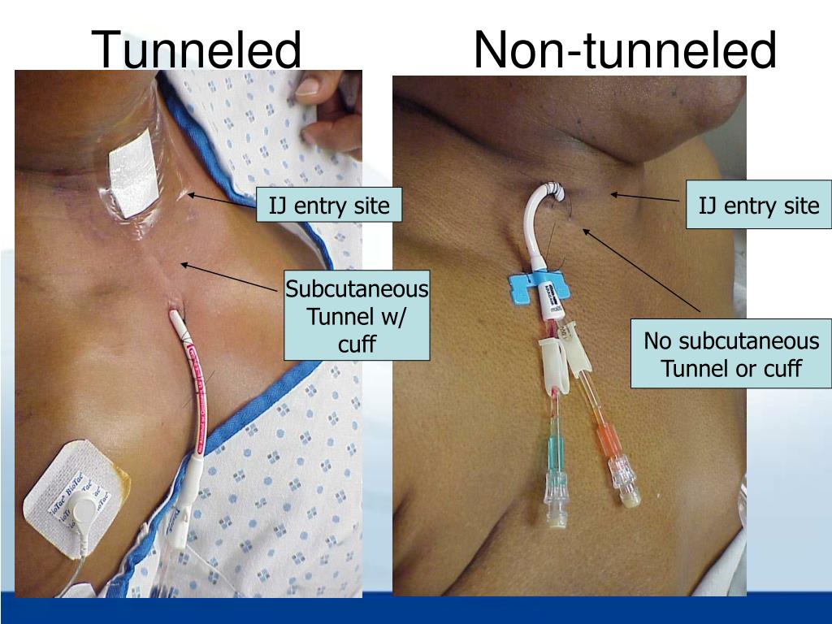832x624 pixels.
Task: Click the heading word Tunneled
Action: coord(197,50)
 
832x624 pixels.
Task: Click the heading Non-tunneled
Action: coord(625,50)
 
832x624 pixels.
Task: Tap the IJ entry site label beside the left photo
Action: coord(329,206)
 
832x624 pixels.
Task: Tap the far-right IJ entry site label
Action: coord(759,206)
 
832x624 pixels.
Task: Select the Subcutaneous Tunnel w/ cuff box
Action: coord(357,317)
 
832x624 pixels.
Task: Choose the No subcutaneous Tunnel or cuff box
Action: coord(731,355)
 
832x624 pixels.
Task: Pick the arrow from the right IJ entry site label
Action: coord(646,197)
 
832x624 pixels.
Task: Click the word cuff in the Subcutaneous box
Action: coord(357,344)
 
